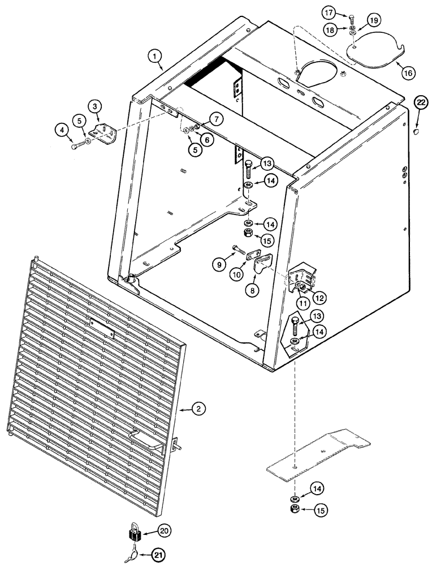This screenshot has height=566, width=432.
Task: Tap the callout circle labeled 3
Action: click(x=96, y=106)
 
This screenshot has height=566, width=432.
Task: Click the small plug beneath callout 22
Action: click(x=415, y=131)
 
